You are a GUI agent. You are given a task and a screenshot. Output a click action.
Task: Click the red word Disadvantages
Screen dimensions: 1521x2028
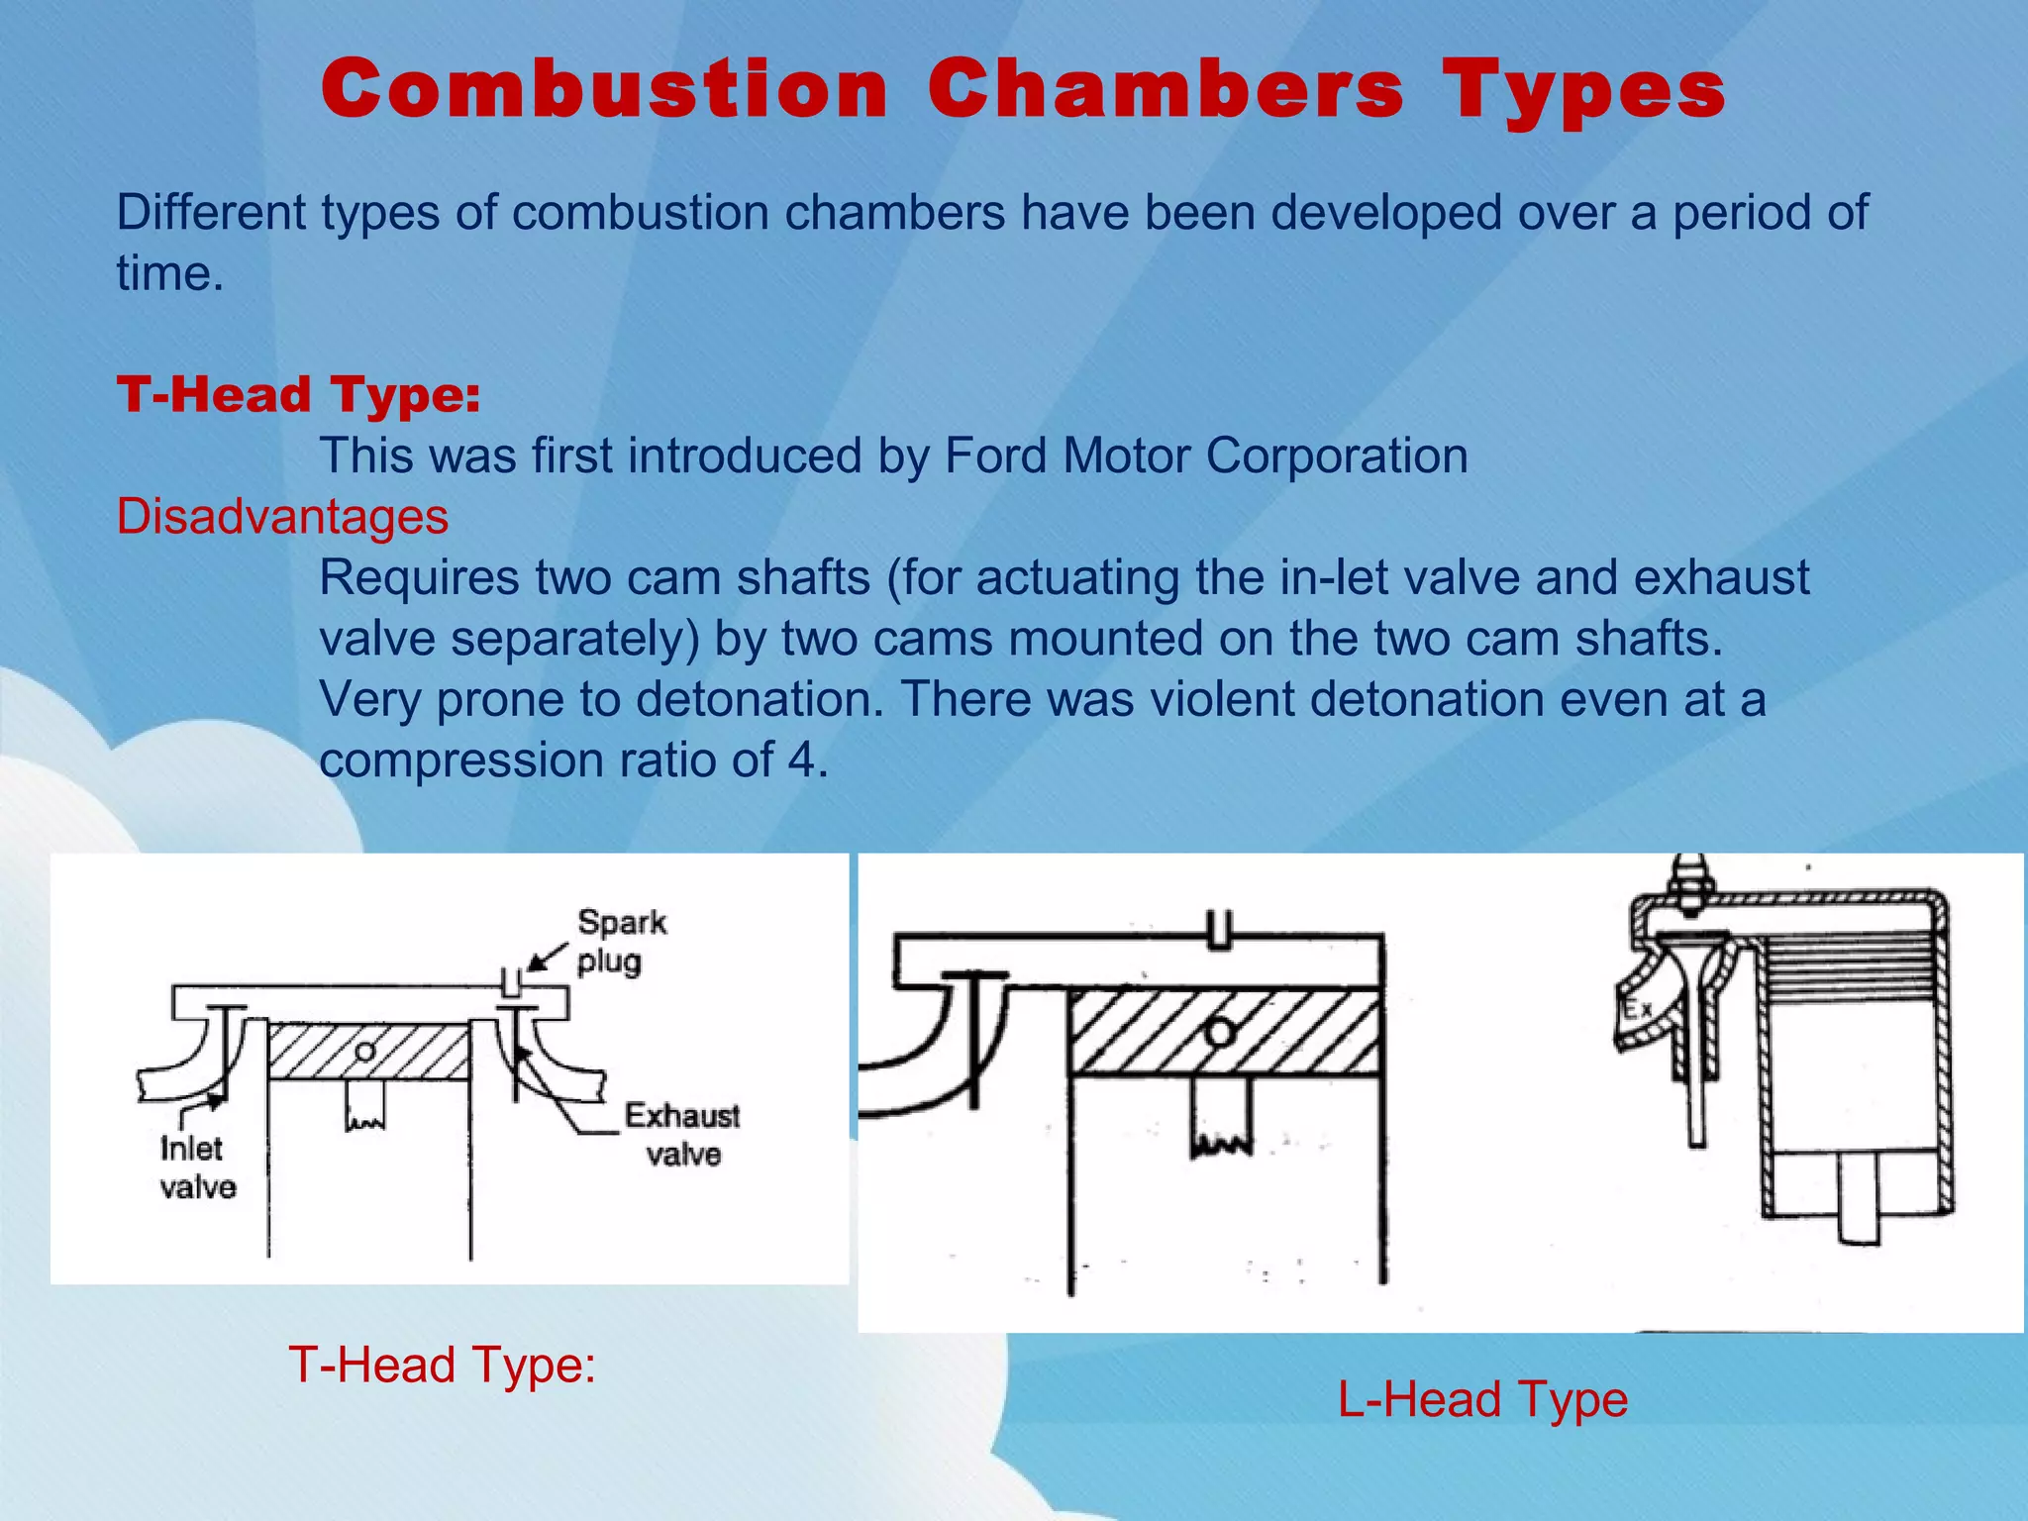pyautogui.click(x=282, y=517)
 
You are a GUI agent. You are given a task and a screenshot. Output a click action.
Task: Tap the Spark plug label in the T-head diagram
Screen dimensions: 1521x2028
pyautogui.click(x=620, y=942)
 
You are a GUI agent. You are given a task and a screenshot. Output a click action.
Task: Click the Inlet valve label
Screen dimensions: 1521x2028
pyautogui.click(x=197, y=1168)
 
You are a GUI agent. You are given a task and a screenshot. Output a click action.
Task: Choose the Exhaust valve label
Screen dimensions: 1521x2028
pyautogui.click(x=681, y=1135)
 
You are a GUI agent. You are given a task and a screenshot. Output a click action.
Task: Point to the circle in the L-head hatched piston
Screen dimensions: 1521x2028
pyautogui.click(x=1220, y=1033)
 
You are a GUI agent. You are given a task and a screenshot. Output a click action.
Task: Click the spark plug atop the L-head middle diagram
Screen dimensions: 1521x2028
pyautogui.click(x=1220, y=929)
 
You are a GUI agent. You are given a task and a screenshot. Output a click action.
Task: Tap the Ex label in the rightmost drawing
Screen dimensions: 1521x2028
pyautogui.click(x=1637, y=1009)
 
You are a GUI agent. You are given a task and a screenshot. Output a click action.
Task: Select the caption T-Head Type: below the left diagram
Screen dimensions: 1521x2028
pyautogui.click(x=442, y=1365)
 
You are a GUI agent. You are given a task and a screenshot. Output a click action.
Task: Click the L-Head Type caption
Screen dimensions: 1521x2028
pyautogui.click(x=1482, y=1399)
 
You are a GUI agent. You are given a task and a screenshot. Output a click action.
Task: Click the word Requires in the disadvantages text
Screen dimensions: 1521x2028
pyautogui.click(x=418, y=578)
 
